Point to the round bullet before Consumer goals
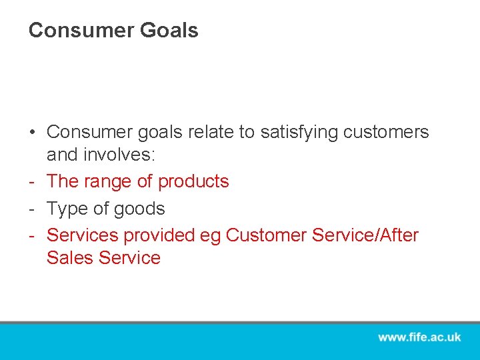[x=33, y=133]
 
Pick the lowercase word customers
[x=386, y=133]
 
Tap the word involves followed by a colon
[x=120, y=155]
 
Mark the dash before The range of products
[x=32, y=181]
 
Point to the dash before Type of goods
[x=32, y=209]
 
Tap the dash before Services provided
[x=32, y=235]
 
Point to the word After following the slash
[x=397, y=235]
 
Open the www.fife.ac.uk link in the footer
[x=419, y=337]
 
